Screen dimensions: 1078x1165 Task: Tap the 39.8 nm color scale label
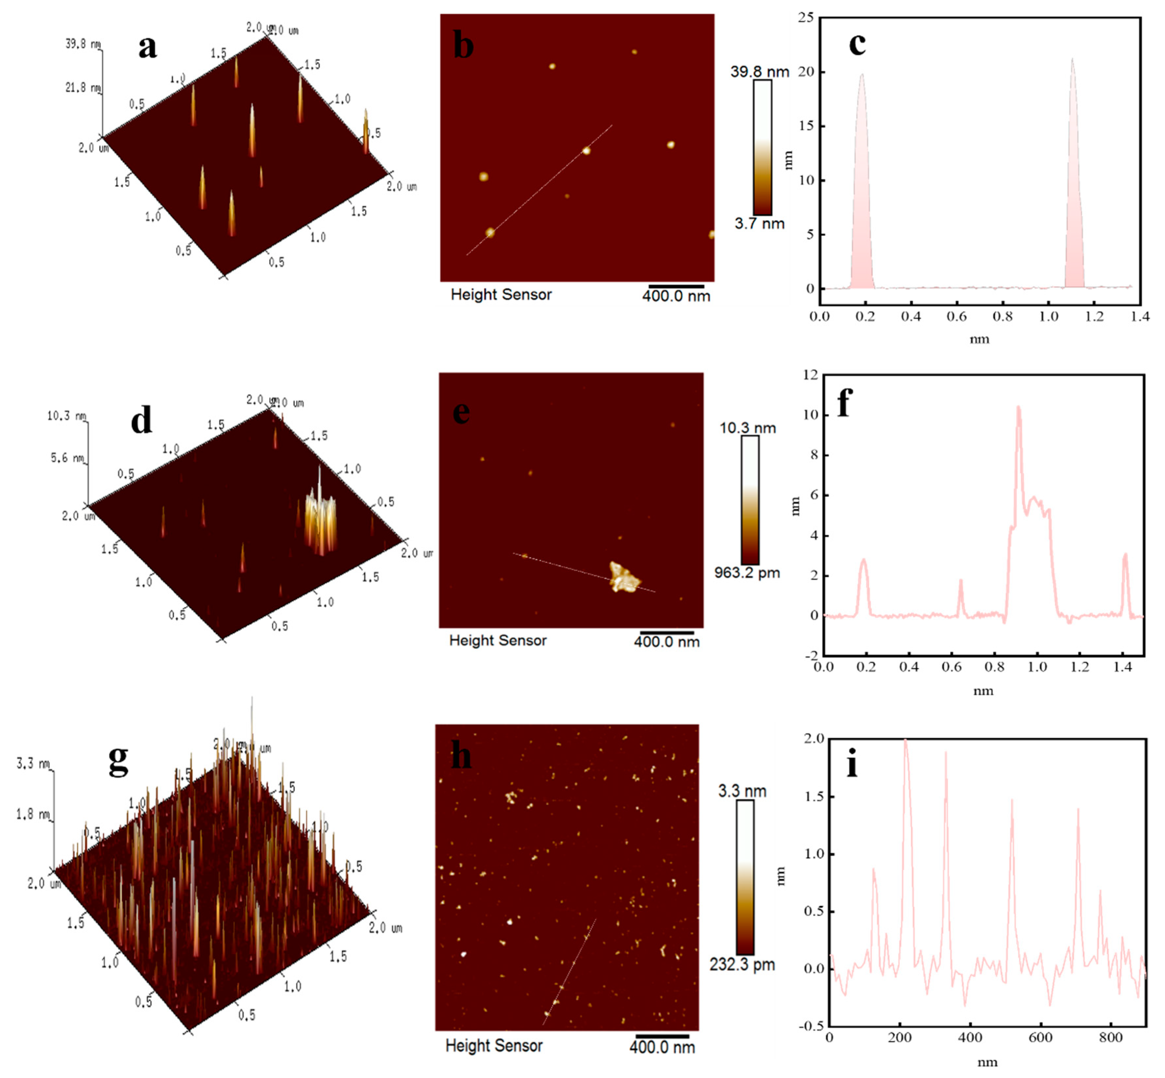[x=759, y=72]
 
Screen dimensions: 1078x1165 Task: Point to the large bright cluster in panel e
[x=623, y=577]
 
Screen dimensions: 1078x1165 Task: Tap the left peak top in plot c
[x=861, y=75]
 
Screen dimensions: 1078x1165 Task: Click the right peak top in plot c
[x=1072, y=59]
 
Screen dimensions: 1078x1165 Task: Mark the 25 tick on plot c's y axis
[x=806, y=17]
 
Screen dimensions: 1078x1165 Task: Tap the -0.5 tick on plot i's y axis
[x=813, y=1026]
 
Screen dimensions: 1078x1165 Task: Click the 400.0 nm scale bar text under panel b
[x=676, y=296]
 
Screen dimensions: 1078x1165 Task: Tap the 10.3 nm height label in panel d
[x=67, y=416]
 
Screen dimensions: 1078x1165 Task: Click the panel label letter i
[x=852, y=764]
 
